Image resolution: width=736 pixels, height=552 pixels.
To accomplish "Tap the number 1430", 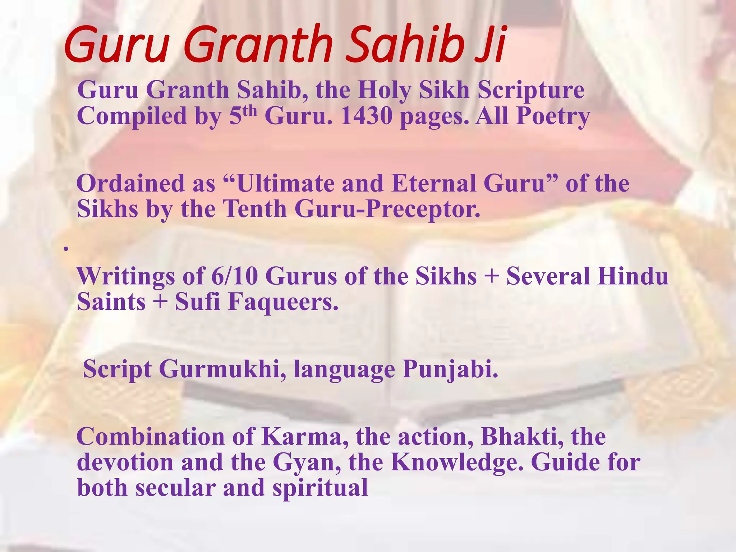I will (x=366, y=116).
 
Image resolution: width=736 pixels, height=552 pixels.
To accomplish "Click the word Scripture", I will (x=531, y=90).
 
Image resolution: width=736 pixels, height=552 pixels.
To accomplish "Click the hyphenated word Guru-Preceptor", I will (x=387, y=209).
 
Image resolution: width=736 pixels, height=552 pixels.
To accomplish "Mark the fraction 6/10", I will (x=234, y=276).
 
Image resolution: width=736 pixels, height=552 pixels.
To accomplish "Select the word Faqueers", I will (x=283, y=302).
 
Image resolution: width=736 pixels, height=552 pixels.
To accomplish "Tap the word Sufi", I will (x=197, y=302).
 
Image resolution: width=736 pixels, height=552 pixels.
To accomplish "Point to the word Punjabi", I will (x=450, y=369).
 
